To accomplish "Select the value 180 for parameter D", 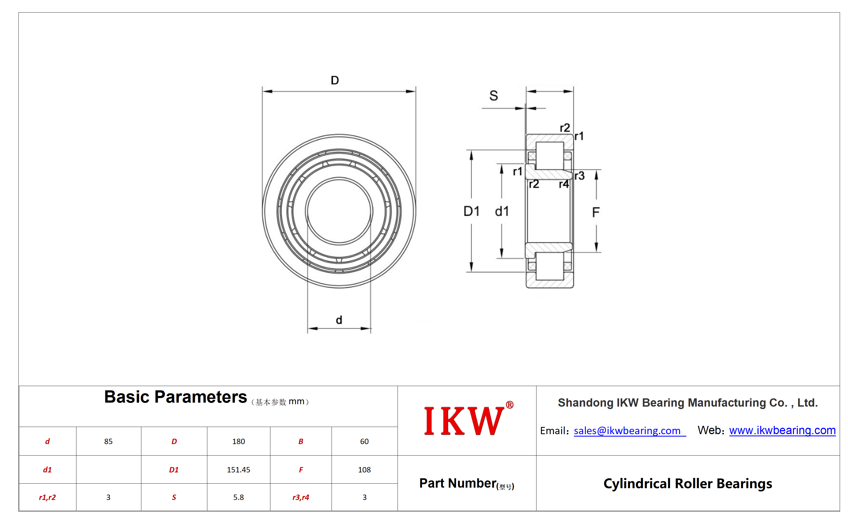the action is [x=238, y=441].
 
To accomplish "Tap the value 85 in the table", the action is [x=108, y=441].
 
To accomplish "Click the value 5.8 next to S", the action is [x=238, y=497].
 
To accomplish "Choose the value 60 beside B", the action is [x=364, y=441].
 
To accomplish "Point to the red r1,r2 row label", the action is [x=48, y=497].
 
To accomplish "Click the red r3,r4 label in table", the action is [x=301, y=497].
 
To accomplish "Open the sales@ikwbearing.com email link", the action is [x=627, y=430].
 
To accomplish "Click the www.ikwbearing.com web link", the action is [x=782, y=430].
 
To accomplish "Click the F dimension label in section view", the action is [x=596, y=212].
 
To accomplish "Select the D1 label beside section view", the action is [x=471, y=211].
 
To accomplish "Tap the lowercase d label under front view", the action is [x=339, y=319].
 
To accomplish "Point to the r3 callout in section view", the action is [x=579, y=176].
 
